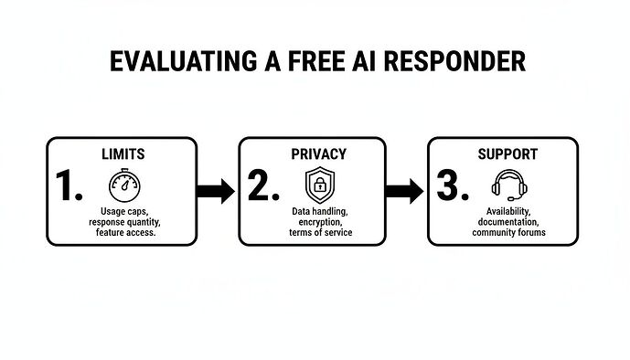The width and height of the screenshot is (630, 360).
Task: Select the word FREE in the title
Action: pos(308,61)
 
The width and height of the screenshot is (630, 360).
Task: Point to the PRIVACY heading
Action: pos(318,154)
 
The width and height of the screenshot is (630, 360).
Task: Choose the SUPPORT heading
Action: pos(507,154)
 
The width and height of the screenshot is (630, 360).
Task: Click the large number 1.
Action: pos(69,186)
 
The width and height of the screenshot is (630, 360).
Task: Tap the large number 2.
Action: pos(263,186)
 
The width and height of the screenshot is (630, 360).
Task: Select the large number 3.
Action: pos(453,186)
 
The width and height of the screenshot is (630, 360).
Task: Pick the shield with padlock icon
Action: pos(318,185)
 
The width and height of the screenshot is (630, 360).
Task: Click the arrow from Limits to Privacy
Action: pos(216,191)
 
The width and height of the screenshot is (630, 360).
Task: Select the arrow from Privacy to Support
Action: pos(404,191)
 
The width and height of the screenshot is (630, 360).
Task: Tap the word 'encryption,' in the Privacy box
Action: pos(318,222)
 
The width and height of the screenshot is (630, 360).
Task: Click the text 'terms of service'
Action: pos(318,233)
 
